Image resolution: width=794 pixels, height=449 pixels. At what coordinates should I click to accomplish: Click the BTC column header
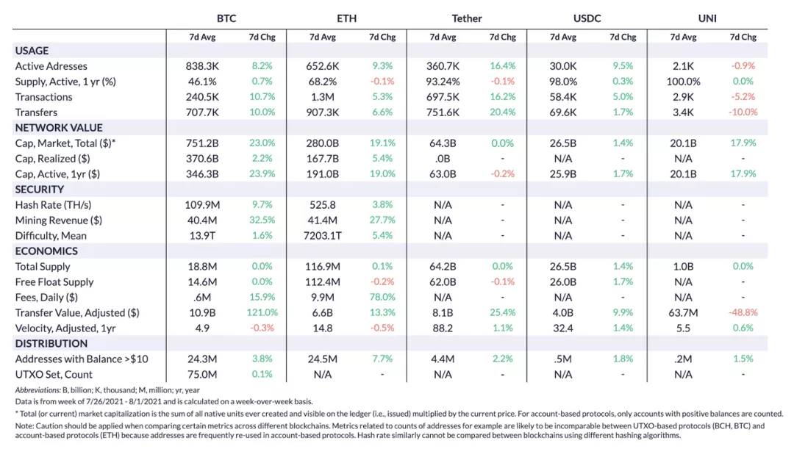pyautogui.click(x=226, y=18)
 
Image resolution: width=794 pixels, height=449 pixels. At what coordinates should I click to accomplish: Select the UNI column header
pyautogui.click(x=707, y=18)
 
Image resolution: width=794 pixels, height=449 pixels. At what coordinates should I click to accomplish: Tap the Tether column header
pyautogui.click(x=467, y=18)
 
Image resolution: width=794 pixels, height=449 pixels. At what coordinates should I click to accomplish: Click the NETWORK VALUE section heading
pyautogui.click(x=59, y=128)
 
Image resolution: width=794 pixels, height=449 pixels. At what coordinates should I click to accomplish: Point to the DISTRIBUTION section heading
pyautogui.click(x=51, y=343)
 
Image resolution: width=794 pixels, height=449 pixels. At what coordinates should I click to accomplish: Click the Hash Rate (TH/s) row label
pyautogui.click(x=53, y=205)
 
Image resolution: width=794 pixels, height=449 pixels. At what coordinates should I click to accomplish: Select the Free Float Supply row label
pyautogui.click(x=54, y=282)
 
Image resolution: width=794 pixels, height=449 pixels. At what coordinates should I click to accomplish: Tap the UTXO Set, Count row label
pyautogui.click(x=54, y=374)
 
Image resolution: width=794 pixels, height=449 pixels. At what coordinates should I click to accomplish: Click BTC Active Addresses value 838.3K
pyautogui.click(x=202, y=66)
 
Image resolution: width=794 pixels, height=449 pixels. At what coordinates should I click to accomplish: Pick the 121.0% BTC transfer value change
pyautogui.click(x=262, y=313)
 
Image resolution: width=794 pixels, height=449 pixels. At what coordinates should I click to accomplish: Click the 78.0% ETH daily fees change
pyautogui.click(x=382, y=298)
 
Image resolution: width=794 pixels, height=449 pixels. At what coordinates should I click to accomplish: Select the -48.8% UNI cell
pyautogui.click(x=743, y=313)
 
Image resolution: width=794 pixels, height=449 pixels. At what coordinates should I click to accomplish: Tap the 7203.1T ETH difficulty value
pyautogui.click(x=323, y=236)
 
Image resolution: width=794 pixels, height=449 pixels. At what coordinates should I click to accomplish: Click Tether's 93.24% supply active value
pyautogui.click(x=443, y=82)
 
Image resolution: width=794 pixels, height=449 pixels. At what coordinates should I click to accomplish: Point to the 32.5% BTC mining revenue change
pyautogui.click(x=262, y=220)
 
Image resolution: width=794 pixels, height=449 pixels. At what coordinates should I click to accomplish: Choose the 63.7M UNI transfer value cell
pyautogui.click(x=683, y=313)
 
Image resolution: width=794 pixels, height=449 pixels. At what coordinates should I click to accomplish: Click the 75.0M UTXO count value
pyautogui.click(x=202, y=374)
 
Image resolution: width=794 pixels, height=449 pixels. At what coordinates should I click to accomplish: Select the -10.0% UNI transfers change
pyautogui.click(x=743, y=112)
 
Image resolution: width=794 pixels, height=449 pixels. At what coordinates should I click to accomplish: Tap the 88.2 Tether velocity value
pyautogui.click(x=443, y=328)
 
